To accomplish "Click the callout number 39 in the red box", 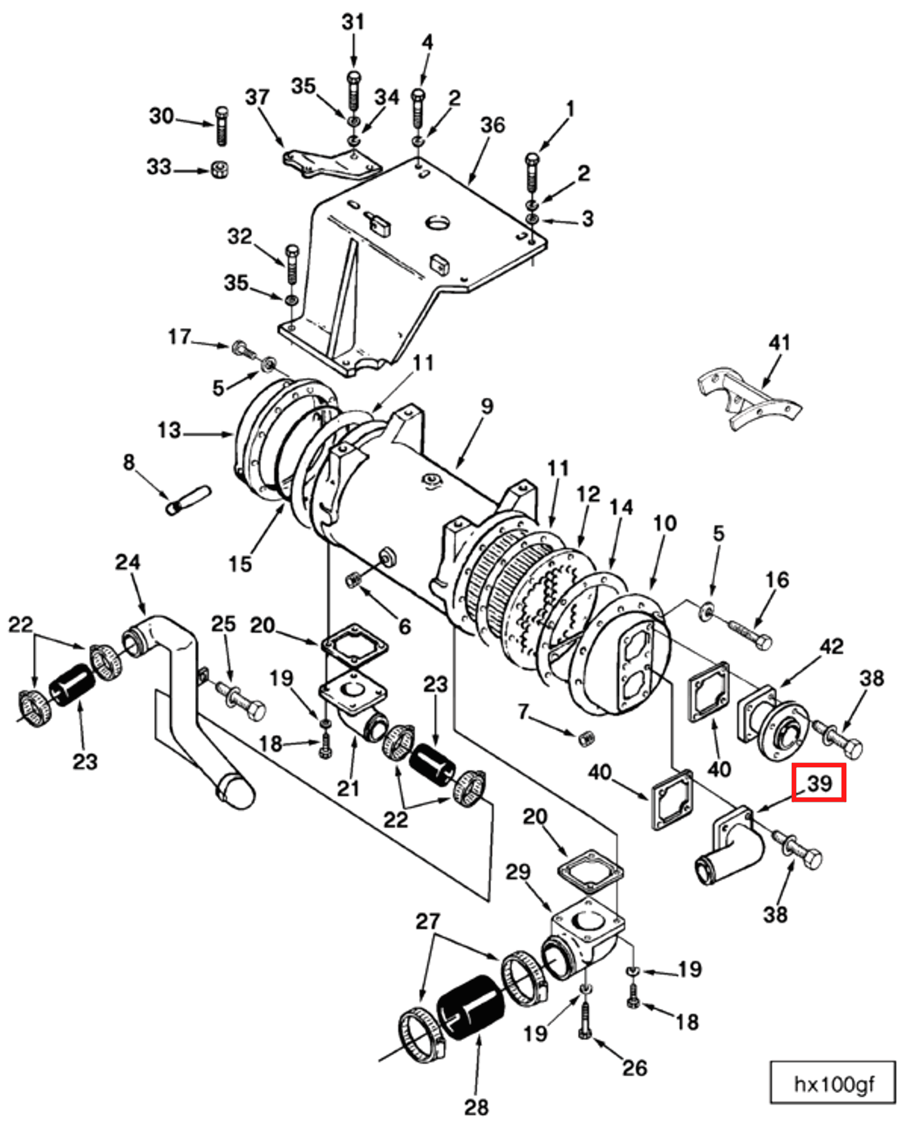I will [818, 782].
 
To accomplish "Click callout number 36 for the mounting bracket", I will [492, 125].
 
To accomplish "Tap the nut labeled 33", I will [219, 170].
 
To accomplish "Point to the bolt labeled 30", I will [222, 126].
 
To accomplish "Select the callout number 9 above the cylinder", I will [486, 406].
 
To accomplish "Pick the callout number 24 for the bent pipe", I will [128, 562].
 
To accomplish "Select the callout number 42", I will [831, 647].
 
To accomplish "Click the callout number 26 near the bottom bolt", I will [635, 1068].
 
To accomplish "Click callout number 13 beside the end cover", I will [169, 431].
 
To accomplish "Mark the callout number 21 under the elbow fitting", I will [348, 789].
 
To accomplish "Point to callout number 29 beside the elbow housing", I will [518, 872].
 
